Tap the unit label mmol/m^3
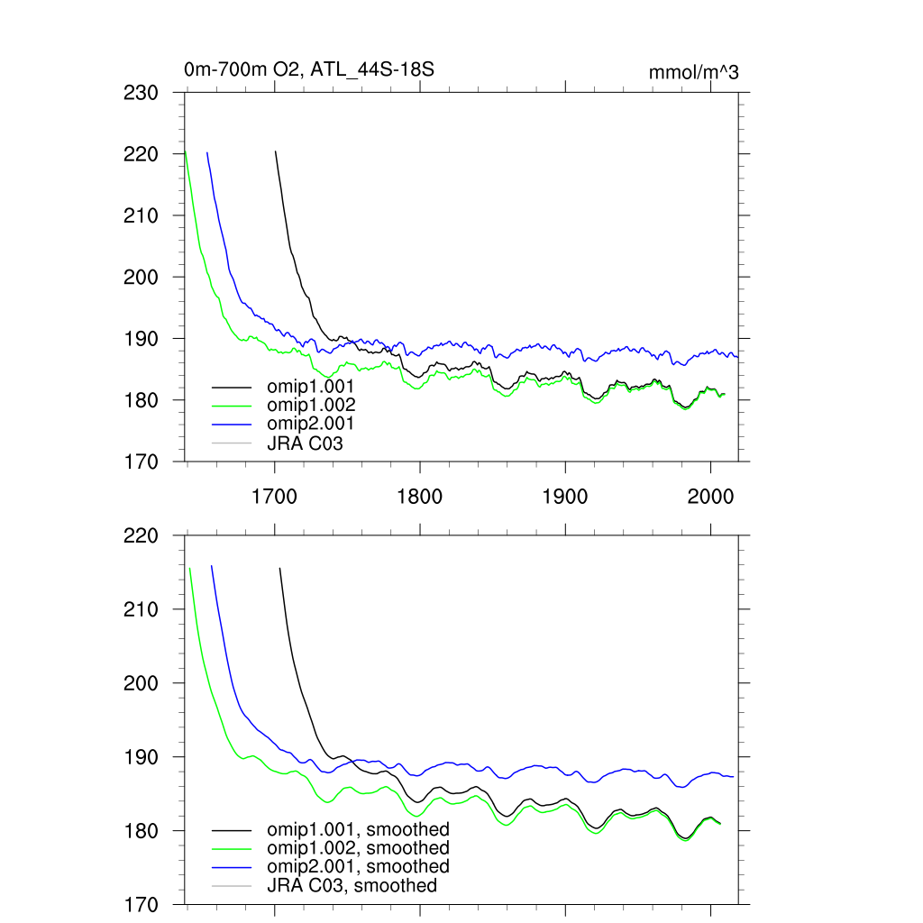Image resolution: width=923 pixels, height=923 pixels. coord(693,73)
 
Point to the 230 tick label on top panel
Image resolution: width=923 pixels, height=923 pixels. coord(141,93)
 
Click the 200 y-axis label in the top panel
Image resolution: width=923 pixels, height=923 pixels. coord(141,277)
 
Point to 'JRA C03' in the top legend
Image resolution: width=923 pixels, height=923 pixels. coord(305,443)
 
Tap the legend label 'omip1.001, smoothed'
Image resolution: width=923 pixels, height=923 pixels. coord(358,829)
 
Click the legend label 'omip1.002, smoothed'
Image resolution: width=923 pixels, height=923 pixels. coord(358,848)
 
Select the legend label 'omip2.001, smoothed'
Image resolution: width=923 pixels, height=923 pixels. coord(358,866)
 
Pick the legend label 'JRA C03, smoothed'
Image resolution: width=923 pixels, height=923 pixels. coord(352,886)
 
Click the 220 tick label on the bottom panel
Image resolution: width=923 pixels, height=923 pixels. coord(141,535)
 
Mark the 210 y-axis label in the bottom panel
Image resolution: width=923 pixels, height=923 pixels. coord(141,609)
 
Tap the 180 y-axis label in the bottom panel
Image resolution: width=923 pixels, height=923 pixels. coord(141,830)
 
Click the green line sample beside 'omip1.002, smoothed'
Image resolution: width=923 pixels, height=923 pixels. coord(231,849)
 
